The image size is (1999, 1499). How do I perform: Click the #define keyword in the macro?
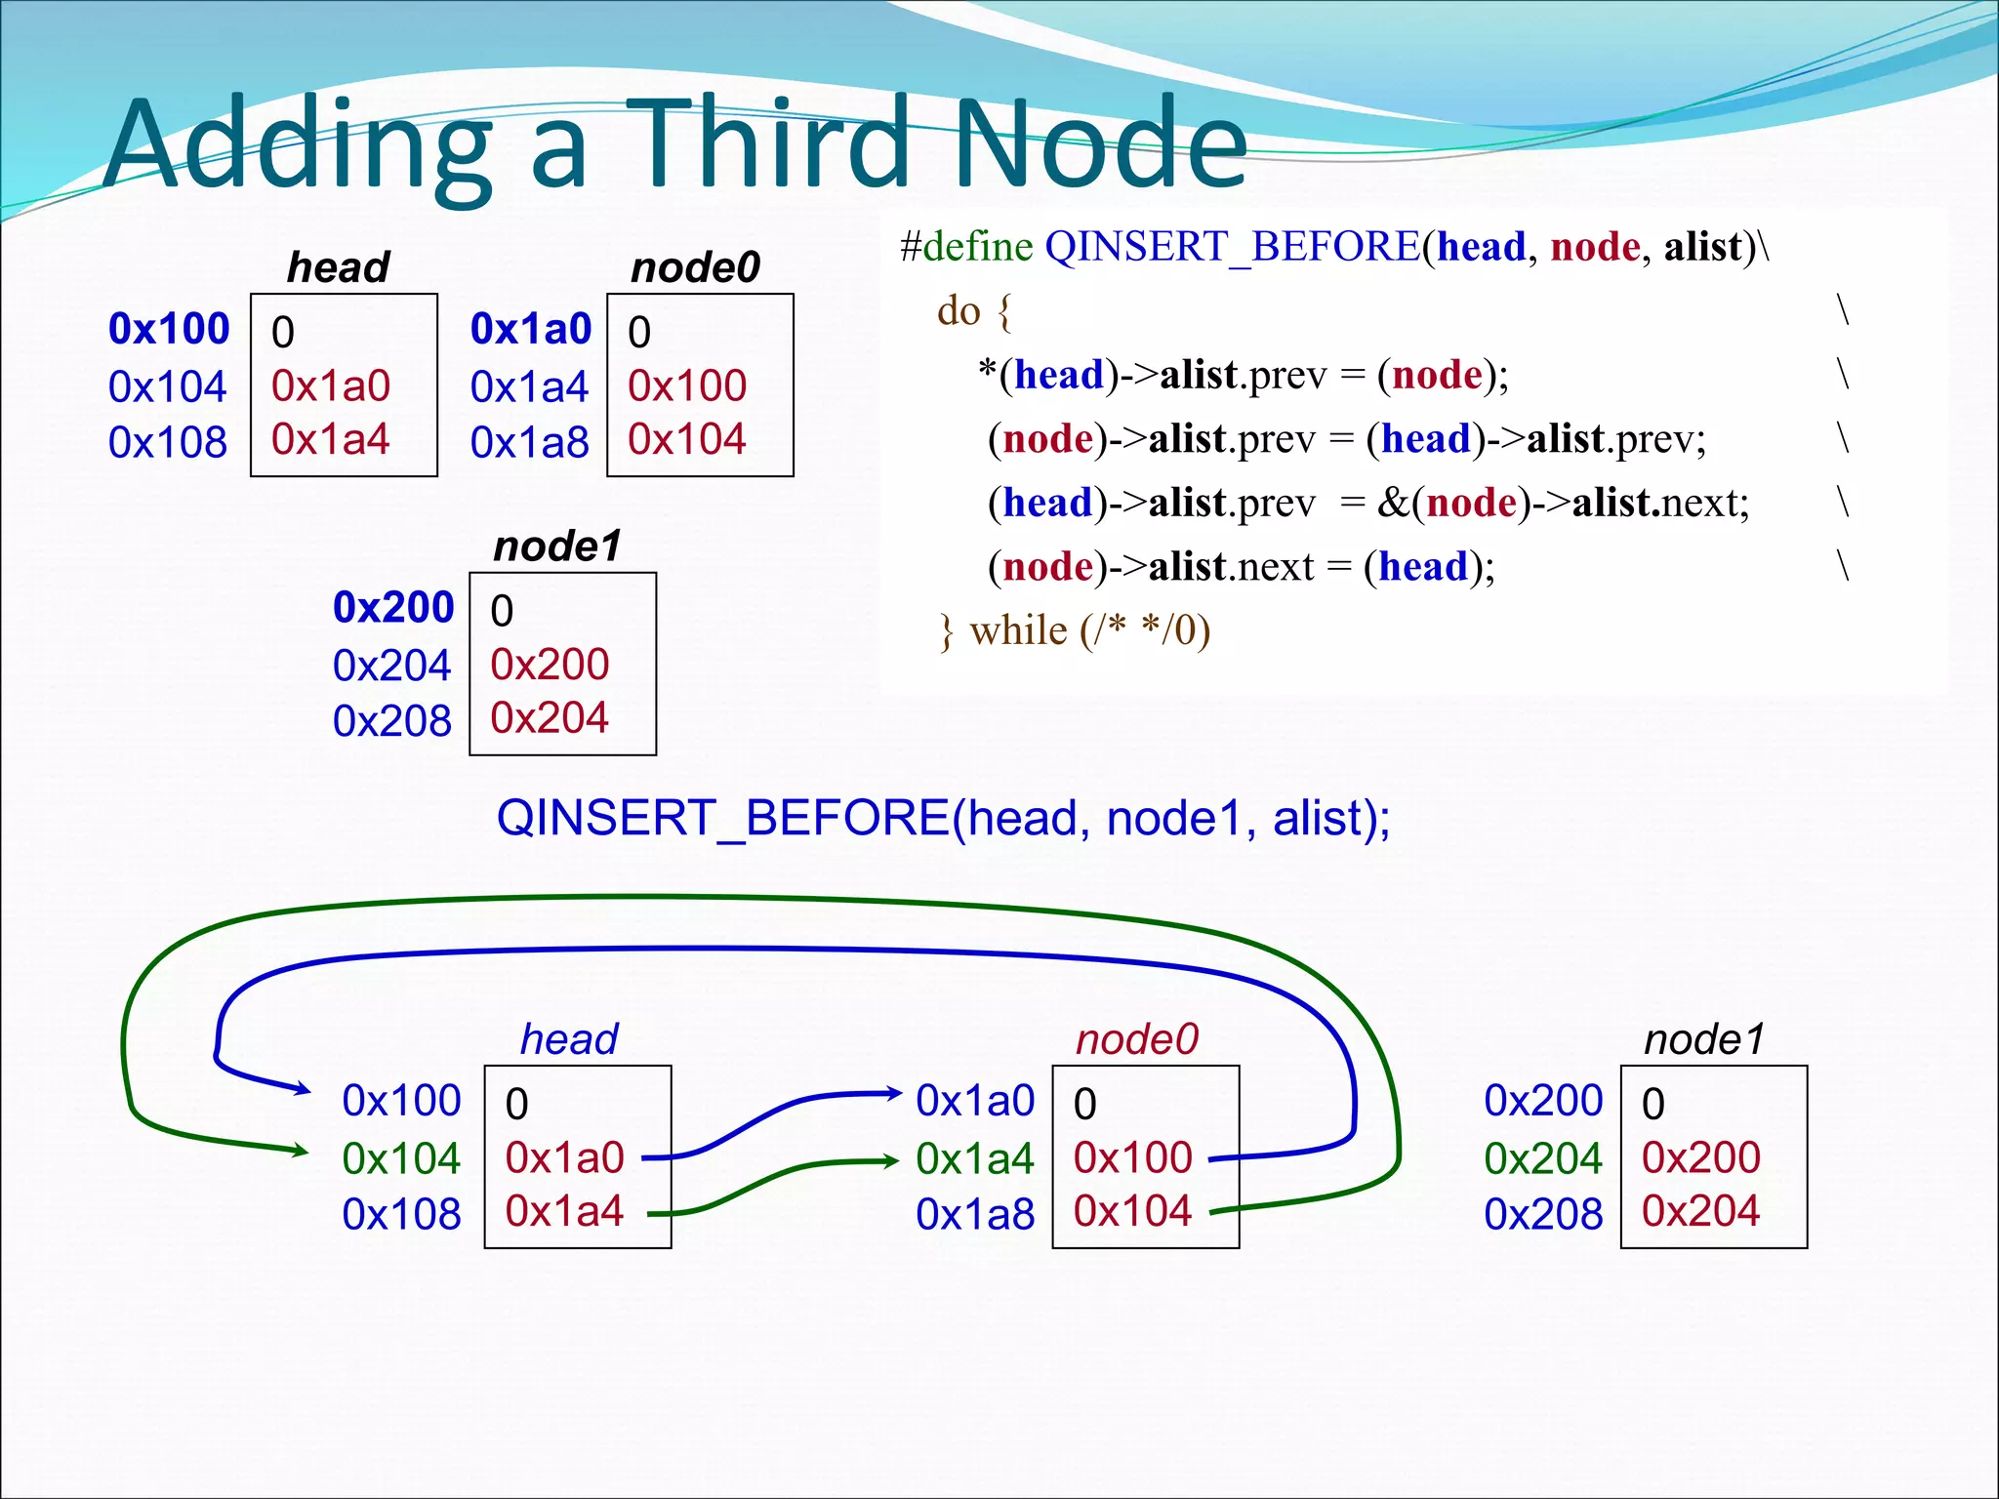[x=966, y=246]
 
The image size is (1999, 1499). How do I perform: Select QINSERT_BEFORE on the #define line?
[x=1232, y=247]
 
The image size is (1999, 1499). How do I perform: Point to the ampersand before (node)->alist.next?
[x=1390, y=503]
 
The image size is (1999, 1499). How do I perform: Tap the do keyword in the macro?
[x=959, y=311]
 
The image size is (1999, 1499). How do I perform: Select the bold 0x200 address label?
[x=393, y=607]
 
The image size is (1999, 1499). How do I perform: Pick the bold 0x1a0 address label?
[x=531, y=329]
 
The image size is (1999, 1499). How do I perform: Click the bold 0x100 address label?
[x=169, y=329]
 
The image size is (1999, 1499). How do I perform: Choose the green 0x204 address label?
[x=1543, y=1158]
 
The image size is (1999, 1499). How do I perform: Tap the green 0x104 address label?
[x=401, y=1158]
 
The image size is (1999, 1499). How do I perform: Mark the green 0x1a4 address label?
[x=974, y=1158]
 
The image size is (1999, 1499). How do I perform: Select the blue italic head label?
[x=569, y=1039]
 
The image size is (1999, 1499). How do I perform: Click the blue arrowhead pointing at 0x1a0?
[x=893, y=1093]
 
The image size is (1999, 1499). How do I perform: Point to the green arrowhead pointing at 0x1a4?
[x=890, y=1161]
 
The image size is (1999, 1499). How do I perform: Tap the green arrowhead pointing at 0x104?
[x=301, y=1151]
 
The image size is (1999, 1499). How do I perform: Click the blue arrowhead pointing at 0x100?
[x=303, y=1089]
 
